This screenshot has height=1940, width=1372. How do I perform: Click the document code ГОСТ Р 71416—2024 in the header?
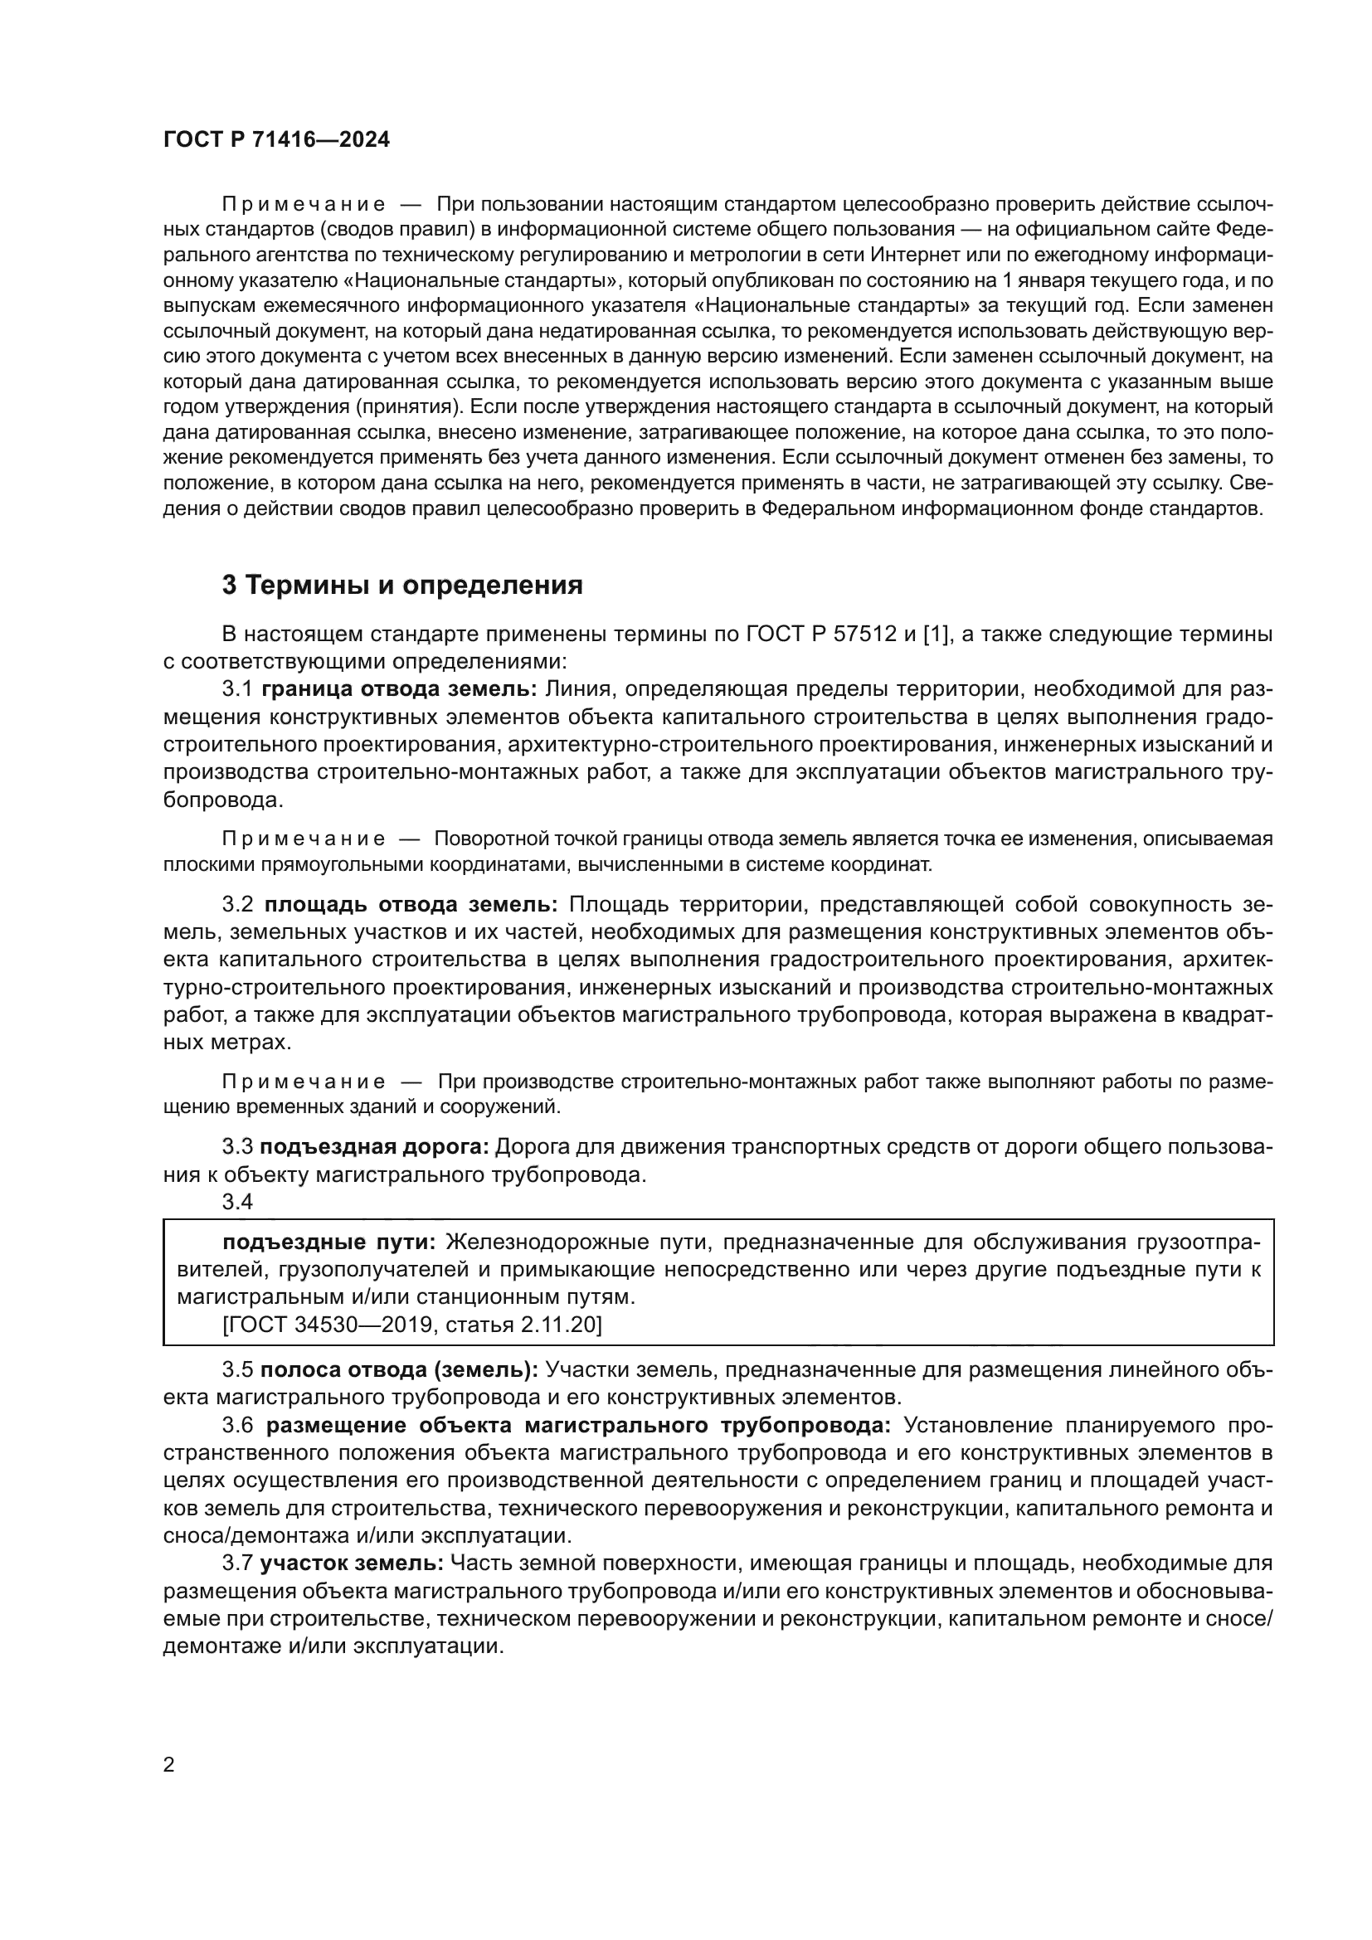pos(276,140)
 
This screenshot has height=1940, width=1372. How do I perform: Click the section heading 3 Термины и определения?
pos(402,585)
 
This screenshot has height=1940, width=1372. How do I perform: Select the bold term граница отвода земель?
pos(399,688)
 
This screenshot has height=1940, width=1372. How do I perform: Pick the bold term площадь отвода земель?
pos(411,904)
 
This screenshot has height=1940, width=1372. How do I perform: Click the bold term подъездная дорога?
pos(374,1146)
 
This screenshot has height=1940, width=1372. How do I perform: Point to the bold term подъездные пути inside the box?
pos(328,1242)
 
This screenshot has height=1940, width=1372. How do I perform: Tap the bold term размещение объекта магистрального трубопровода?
pos(578,1426)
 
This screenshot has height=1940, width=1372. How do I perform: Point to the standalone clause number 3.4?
pos(237,1202)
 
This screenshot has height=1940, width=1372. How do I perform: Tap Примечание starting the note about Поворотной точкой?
pos(304,839)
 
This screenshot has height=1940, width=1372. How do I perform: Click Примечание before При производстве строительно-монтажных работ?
pos(304,1082)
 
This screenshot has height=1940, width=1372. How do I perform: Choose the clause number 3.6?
pos(237,1426)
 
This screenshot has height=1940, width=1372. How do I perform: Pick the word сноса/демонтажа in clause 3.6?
pos(248,1535)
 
